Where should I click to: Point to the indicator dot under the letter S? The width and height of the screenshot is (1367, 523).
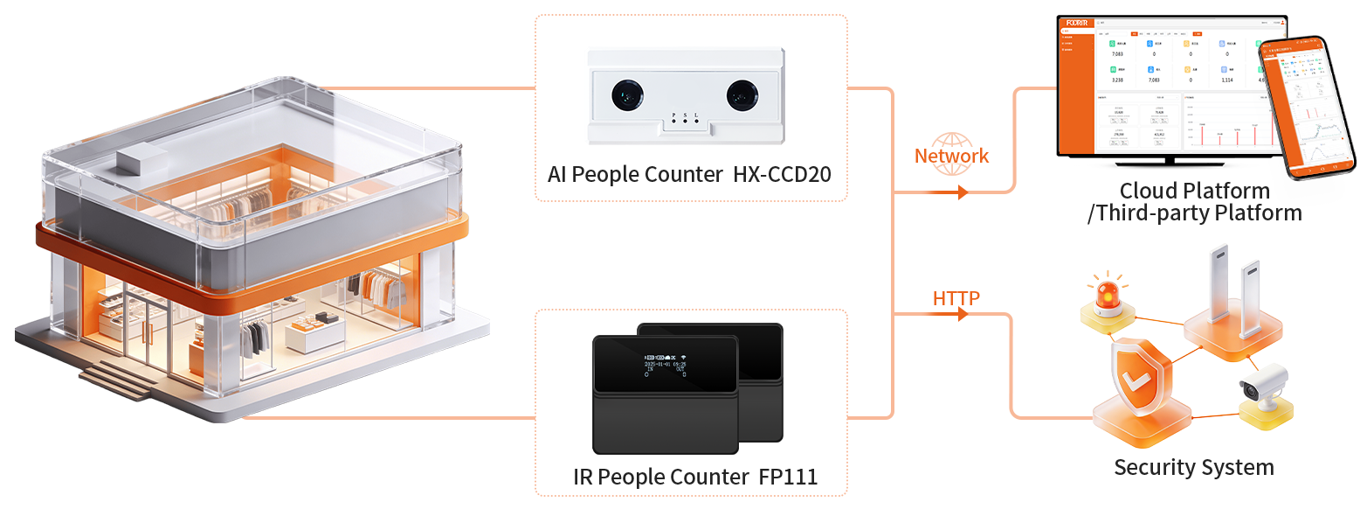(x=686, y=121)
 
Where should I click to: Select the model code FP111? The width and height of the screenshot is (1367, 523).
(x=784, y=478)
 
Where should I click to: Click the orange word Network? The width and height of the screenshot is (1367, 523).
(x=951, y=156)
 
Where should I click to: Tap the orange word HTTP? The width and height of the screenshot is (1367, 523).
(x=956, y=298)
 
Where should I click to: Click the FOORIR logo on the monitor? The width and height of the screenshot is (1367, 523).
(x=1075, y=22)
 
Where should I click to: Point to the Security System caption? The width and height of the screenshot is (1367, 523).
(x=1193, y=466)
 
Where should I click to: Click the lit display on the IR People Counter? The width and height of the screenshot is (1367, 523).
(x=664, y=365)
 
